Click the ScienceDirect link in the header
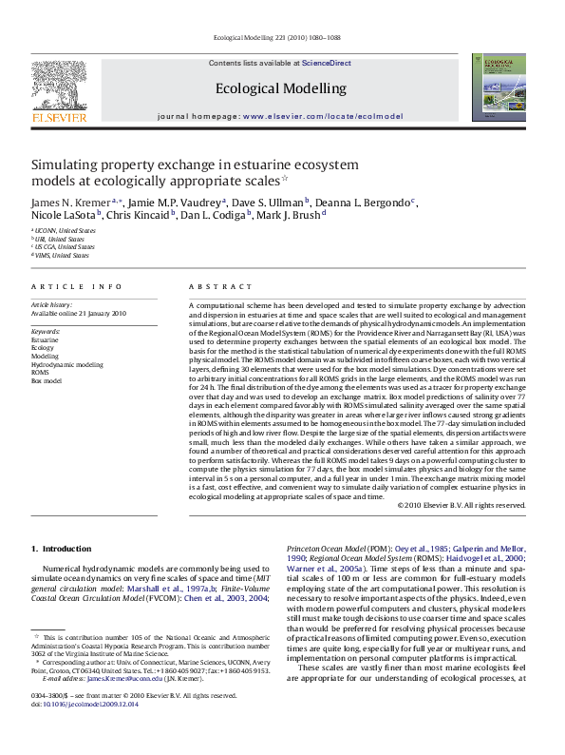coord(327,63)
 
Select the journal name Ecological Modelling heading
coord(281,88)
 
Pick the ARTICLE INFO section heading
coord(77,286)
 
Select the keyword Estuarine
coord(45,339)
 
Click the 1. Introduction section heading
coord(62,549)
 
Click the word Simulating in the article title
coord(67,164)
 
